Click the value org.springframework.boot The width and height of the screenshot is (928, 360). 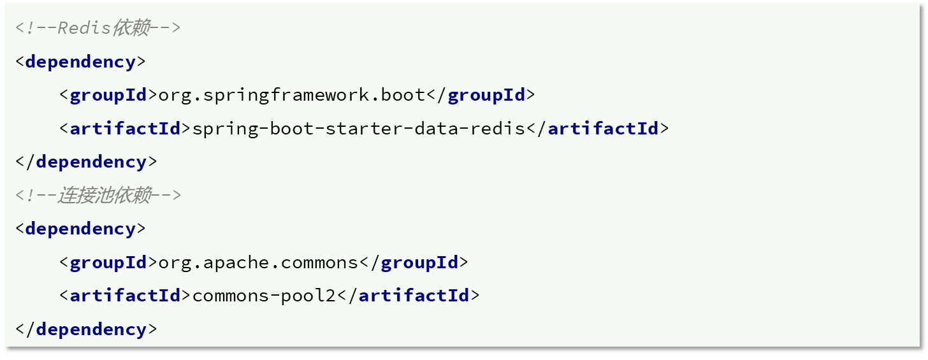tap(292, 96)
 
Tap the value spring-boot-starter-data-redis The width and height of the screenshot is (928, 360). tap(359, 129)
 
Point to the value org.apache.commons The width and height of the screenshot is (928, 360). tap(258, 263)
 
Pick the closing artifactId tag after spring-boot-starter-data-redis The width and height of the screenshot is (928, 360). tap(598, 129)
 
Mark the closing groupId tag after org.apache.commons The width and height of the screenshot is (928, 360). tap(414, 263)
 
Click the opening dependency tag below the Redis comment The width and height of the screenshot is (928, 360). tap(80, 62)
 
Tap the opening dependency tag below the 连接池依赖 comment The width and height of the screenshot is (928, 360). tap(80, 229)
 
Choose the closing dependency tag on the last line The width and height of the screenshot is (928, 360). tap(86, 329)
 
